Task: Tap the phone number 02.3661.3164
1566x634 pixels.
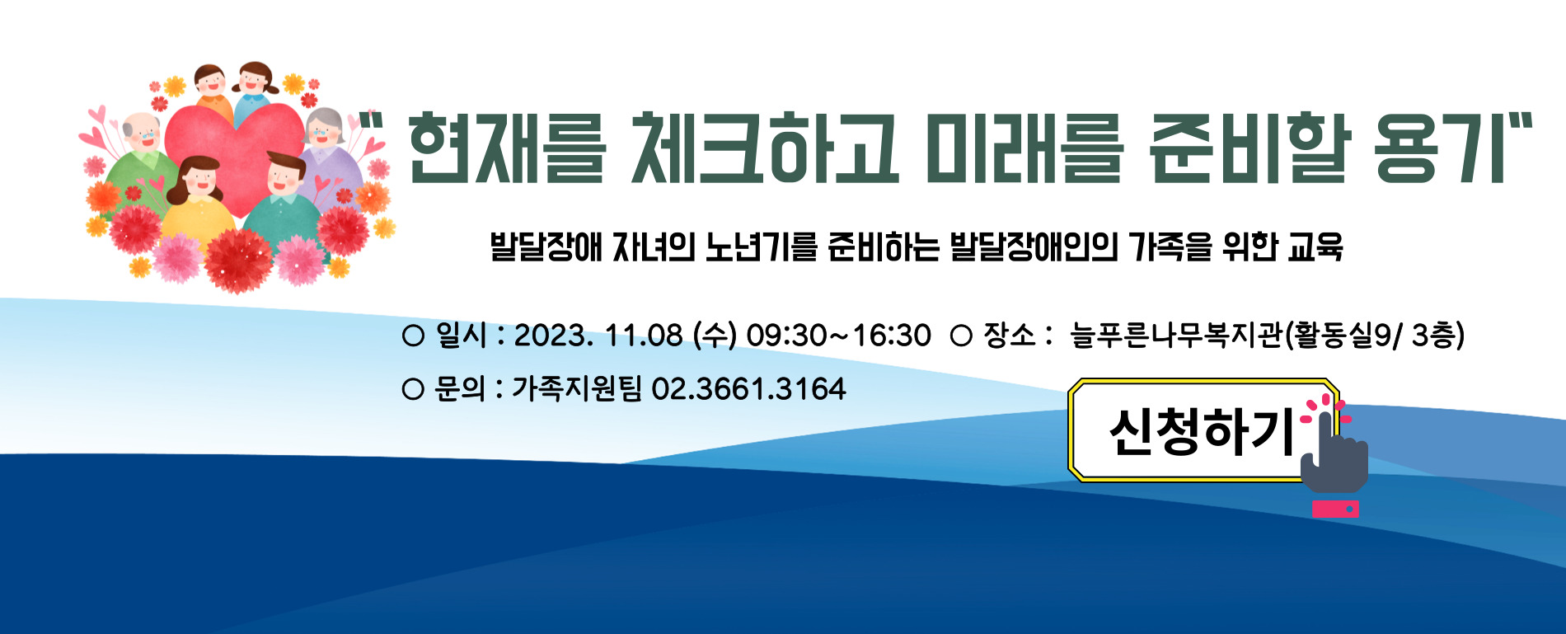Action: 748,388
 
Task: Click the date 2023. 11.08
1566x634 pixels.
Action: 598,336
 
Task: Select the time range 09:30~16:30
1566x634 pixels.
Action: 838,336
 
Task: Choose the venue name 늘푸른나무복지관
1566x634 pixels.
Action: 1176,336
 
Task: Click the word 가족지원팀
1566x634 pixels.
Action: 576,388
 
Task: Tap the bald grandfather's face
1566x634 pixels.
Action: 144,133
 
